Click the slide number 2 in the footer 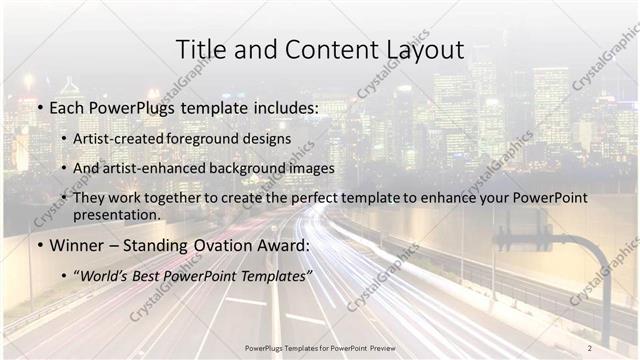590,348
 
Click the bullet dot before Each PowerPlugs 39,106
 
